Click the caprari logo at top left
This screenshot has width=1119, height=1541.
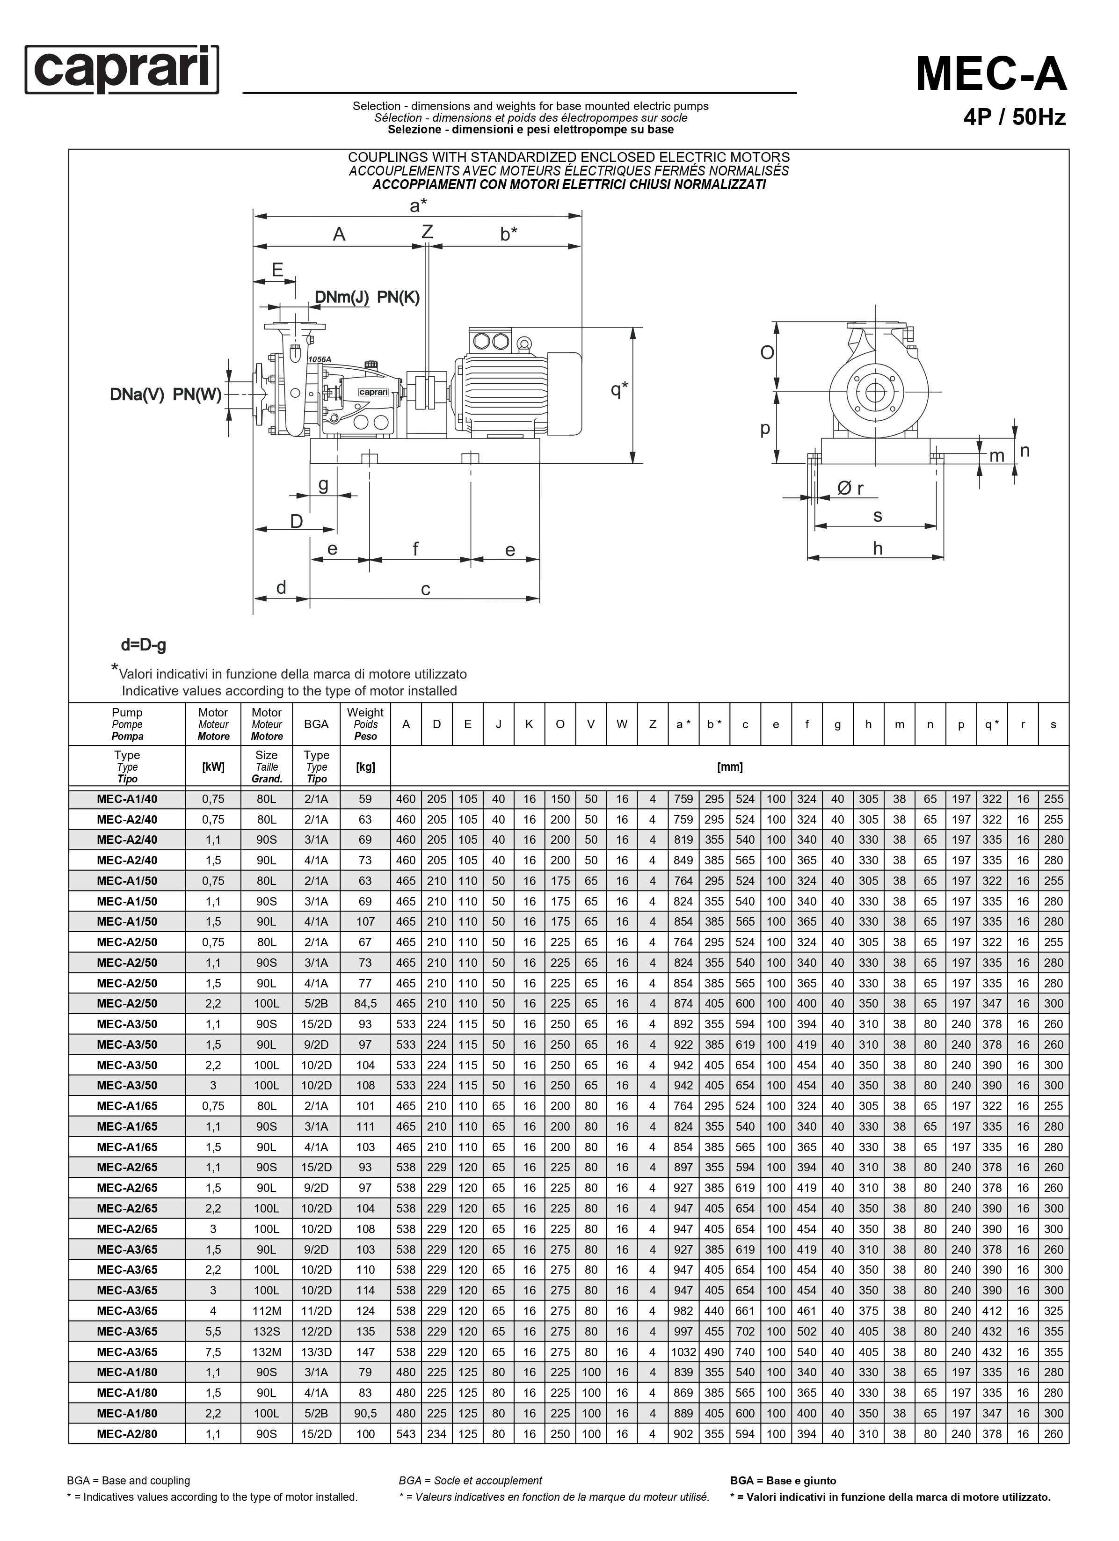(122, 69)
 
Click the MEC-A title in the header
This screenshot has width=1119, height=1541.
(991, 73)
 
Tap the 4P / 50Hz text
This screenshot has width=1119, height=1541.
(1014, 117)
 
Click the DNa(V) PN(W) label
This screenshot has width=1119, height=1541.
(166, 395)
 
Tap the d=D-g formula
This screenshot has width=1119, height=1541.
(143, 645)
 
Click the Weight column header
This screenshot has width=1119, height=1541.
(365, 723)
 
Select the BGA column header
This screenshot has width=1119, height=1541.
(317, 724)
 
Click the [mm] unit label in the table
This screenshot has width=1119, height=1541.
(730, 767)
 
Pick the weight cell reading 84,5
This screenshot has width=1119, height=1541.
(365, 1004)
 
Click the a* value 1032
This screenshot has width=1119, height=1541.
(683, 1352)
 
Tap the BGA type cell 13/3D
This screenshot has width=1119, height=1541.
(317, 1352)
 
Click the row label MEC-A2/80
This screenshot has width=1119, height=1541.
(127, 1434)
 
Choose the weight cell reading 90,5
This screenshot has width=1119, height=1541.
(365, 1414)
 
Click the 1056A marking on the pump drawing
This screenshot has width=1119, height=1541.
(320, 359)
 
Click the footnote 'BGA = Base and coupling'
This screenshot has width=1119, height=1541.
(128, 1481)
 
